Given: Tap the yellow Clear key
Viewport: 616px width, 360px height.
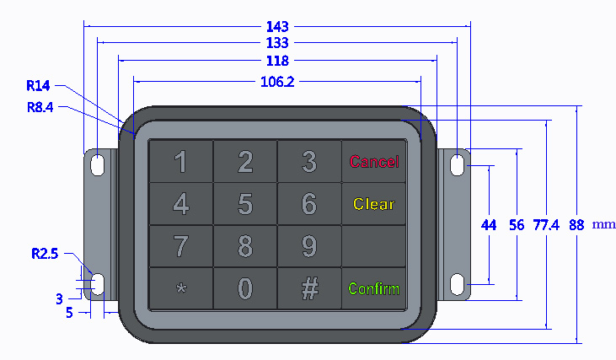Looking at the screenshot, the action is [373, 203].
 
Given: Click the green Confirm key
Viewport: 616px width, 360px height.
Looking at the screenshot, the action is [373, 288].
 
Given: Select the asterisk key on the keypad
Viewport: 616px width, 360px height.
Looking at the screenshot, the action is [181, 288].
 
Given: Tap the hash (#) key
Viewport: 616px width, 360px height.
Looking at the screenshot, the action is [309, 288].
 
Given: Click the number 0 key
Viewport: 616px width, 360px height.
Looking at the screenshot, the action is [245, 288].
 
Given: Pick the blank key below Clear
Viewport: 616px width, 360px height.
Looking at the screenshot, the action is [373, 246].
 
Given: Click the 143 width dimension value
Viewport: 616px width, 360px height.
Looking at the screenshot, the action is [277, 27].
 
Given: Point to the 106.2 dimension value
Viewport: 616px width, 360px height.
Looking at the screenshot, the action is [277, 82].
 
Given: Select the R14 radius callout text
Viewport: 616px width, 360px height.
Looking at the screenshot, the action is [38, 86].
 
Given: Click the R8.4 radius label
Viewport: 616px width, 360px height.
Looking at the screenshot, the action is [40, 107].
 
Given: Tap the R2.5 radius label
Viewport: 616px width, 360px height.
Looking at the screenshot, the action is [45, 254].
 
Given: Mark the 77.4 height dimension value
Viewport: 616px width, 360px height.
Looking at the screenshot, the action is [546, 225].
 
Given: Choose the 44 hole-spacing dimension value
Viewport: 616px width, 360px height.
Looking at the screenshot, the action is [489, 225].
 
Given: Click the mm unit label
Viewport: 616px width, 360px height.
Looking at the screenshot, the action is [603, 224].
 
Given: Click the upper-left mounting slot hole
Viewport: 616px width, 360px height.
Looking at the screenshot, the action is [98, 165].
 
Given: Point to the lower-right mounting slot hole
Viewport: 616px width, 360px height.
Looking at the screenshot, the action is [458, 284].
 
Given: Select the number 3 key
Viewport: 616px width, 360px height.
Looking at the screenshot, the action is [309, 161].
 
